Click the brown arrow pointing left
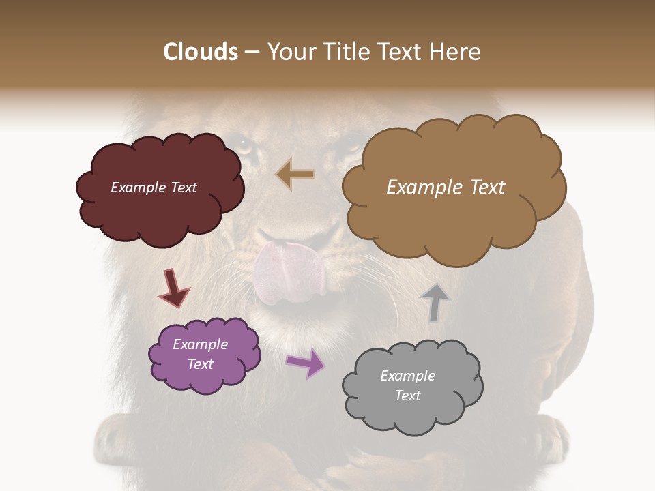(x=295, y=174)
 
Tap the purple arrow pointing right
(x=306, y=363)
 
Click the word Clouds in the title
(x=201, y=52)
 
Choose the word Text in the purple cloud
(x=201, y=364)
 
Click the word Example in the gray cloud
(x=407, y=376)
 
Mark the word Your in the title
(x=293, y=52)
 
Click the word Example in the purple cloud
(x=201, y=344)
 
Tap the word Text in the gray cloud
(x=407, y=396)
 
